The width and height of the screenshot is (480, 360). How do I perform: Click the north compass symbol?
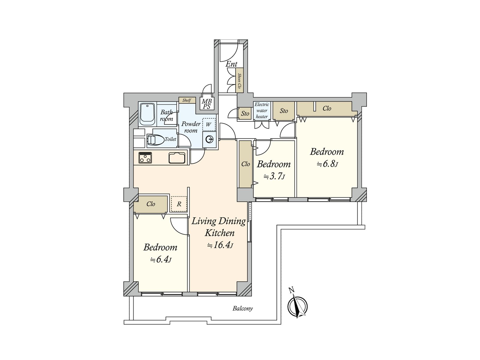pos(297,306)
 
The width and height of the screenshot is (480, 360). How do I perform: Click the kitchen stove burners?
pos(145,157)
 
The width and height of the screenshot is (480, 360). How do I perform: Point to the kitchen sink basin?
pos(177,158)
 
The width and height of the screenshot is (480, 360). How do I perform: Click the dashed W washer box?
pos(209,124)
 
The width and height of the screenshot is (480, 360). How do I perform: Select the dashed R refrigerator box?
pos(179,204)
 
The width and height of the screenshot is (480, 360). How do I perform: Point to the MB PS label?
pos(206,104)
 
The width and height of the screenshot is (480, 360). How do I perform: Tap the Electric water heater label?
pos(262,111)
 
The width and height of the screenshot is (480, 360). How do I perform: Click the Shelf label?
pos(187,100)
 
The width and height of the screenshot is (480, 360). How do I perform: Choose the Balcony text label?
pos(242,308)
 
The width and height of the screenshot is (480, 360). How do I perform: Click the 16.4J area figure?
pos(220,245)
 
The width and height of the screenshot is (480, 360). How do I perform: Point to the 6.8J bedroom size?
pos(327,164)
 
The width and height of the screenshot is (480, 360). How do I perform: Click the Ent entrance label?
pos(231,64)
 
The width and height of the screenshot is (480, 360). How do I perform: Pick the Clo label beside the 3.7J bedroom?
pos(246,164)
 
